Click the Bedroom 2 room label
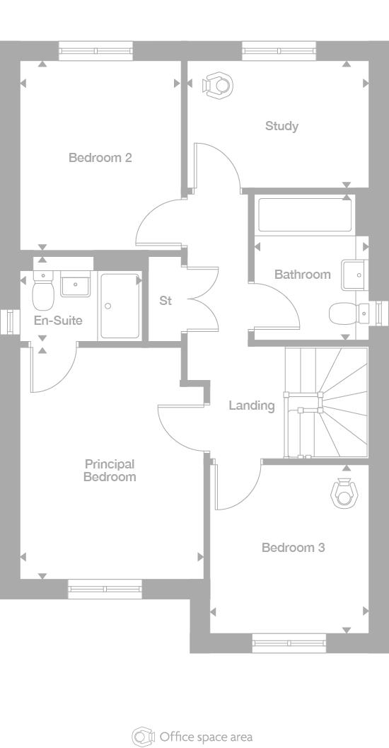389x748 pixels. (x=100, y=158)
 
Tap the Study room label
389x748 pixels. (x=281, y=126)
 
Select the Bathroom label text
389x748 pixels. (x=302, y=275)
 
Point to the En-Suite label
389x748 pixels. (x=58, y=321)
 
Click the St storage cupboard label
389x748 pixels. (x=165, y=301)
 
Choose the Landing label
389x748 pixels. (x=251, y=405)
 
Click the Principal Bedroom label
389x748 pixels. (x=110, y=471)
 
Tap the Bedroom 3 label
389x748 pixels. (x=293, y=548)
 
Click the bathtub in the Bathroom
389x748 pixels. (x=305, y=215)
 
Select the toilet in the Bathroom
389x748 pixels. (x=349, y=311)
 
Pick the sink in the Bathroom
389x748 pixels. (x=354, y=274)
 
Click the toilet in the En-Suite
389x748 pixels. (x=44, y=291)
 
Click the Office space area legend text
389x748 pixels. (x=205, y=737)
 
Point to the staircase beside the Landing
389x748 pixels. (x=326, y=403)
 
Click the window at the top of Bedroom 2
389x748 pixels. (x=95, y=51)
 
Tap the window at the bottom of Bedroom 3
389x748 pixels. (x=289, y=643)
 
